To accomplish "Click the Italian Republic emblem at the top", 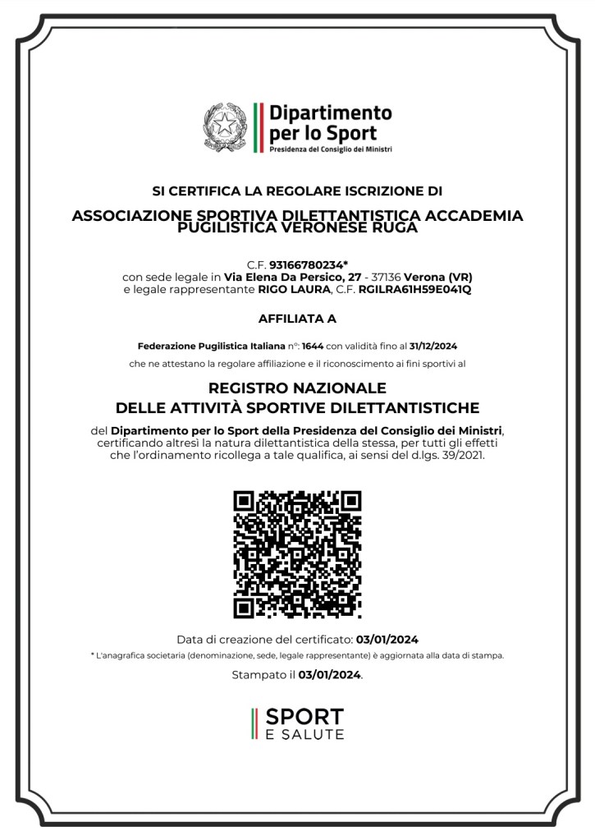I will click(x=223, y=127).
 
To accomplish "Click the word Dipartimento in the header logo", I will click(x=331, y=112).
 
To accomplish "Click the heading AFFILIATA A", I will click(x=297, y=318).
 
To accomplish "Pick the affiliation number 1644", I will click(x=314, y=346).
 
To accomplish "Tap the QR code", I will click(x=297, y=553).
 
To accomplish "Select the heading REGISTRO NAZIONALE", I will click(x=297, y=388).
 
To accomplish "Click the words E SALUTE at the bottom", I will click(x=305, y=734).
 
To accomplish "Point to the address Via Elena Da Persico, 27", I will click(x=294, y=277).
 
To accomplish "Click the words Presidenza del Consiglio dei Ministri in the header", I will click(x=331, y=149).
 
